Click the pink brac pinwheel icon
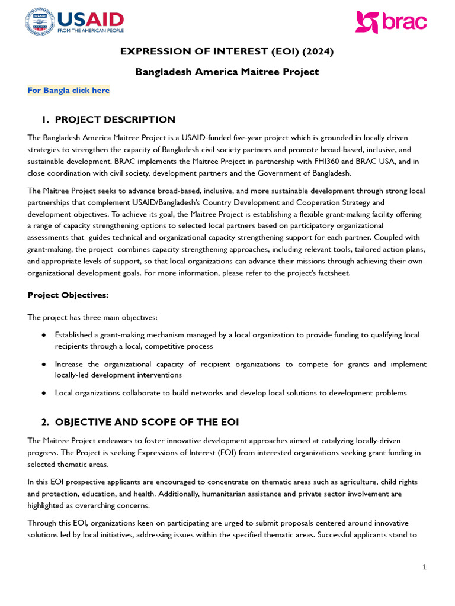(367, 22)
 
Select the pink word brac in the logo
(405, 22)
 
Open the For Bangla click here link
(69, 91)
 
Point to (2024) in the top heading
(319, 51)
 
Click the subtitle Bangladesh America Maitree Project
(227, 72)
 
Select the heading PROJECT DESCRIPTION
(115, 120)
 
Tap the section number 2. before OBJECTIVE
(45, 422)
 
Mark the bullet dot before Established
(44, 335)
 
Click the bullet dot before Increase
(44, 365)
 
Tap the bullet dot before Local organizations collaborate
(44, 393)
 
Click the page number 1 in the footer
(424, 567)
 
